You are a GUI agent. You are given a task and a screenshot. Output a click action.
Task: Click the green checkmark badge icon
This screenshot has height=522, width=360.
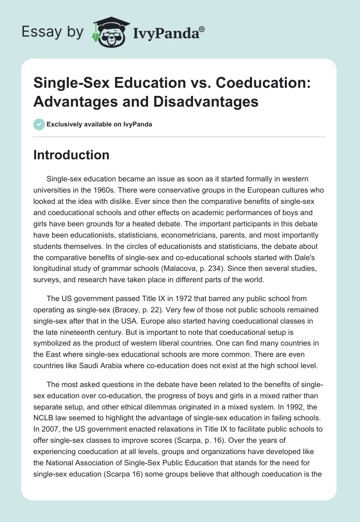click(39, 124)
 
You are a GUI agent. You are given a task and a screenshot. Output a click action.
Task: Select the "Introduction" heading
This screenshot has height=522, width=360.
click(72, 155)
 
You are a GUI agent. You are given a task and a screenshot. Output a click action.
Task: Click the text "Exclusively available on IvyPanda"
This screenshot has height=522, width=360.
click(99, 124)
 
